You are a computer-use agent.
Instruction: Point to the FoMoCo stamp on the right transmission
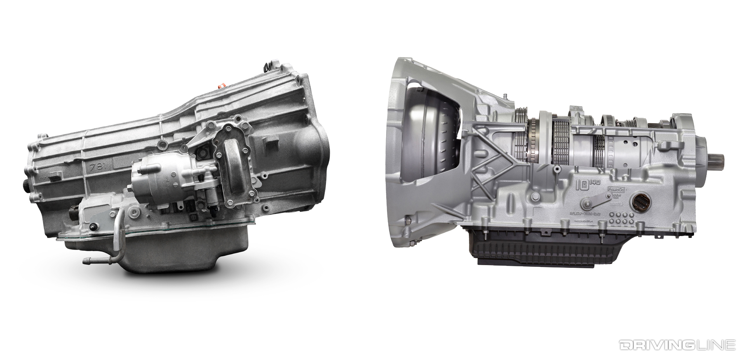pos(615,190)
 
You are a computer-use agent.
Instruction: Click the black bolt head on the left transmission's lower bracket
pos(93,227)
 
